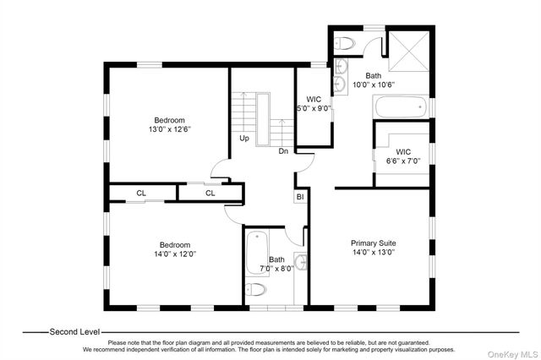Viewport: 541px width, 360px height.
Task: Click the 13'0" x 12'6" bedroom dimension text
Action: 169,130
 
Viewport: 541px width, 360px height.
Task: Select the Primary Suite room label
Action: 374,243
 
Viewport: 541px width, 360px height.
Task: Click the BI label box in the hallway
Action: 299,198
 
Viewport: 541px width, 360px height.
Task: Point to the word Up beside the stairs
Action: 244,138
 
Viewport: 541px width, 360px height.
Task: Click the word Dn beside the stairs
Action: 284,152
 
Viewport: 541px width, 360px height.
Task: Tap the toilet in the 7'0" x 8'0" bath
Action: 256,291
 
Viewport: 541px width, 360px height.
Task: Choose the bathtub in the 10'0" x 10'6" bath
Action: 401,107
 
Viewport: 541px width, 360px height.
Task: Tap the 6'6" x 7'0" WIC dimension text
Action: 403,161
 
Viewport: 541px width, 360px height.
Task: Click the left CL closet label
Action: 142,194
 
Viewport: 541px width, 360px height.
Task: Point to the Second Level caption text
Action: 74,332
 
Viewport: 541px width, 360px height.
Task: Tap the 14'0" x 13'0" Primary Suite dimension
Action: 374,253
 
